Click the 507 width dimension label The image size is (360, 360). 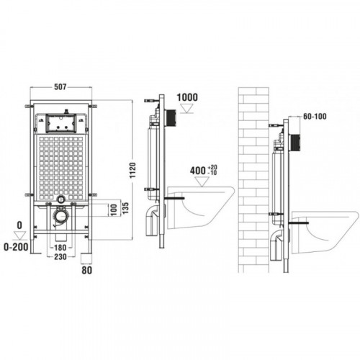tap(60, 86)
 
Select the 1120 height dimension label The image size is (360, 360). tap(132, 170)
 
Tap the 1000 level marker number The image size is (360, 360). tap(187, 97)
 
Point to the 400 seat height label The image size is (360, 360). tap(198, 171)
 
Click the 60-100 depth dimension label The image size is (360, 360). tap(315, 117)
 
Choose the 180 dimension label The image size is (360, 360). tap(60, 247)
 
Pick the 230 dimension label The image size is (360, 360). tap(60, 257)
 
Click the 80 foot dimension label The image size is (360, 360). tap(87, 270)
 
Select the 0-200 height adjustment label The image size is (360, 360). tap(16, 247)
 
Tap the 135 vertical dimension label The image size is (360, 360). tap(125, 208)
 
